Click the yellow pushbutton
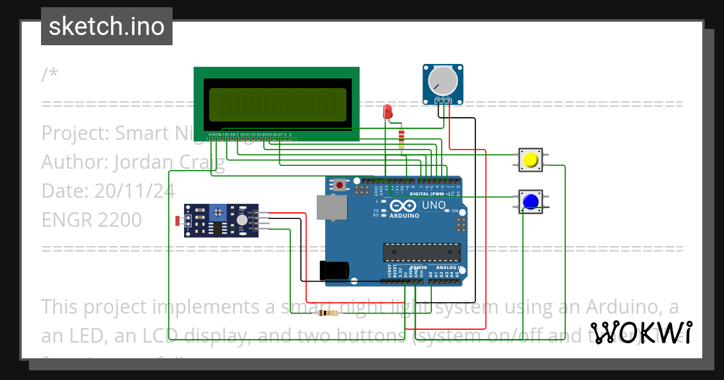coord(530,160)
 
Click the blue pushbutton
coord(530,201)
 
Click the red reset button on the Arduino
coord(340,185)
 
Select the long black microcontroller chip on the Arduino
coord(422,252)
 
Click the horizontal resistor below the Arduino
coord(328,313)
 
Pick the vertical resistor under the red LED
coord(402,139)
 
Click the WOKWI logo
coord(640,333)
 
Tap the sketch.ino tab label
coord(107,27)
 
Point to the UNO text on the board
coord(433,205)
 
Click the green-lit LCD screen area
coord(278,104)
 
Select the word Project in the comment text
coord(72,133)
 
